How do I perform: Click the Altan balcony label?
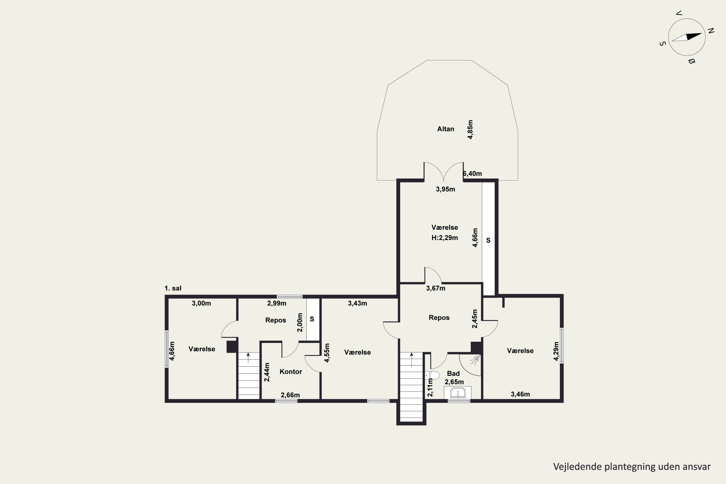[x=446, y=129]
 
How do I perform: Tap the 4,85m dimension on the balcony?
[x=470, y=130]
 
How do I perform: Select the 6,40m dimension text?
[x=473, y=174]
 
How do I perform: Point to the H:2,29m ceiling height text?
[x=445, y=238]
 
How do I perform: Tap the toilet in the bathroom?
[x=432, y=375]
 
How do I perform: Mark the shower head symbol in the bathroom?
[x=476, y=359]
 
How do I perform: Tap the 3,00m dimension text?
[x=201, y=303]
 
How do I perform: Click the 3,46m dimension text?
[x=521, y=394]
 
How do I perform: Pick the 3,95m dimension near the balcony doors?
[x=446, y=189]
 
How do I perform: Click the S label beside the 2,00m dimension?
[x=312, y=319]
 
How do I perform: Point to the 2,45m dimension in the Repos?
[x=475, y=319]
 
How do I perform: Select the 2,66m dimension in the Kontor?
[x=290, y=395]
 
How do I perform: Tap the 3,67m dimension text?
[x=436, y=288]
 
